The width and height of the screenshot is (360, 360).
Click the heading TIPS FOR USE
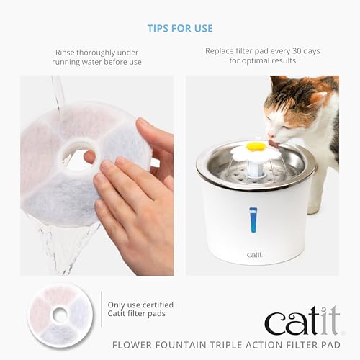click(180, 28)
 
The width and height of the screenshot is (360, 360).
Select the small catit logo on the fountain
click(254, 254)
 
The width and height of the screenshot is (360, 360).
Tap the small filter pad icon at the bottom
click(60, 313)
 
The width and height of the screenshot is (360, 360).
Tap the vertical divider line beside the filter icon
click(102, 314)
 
